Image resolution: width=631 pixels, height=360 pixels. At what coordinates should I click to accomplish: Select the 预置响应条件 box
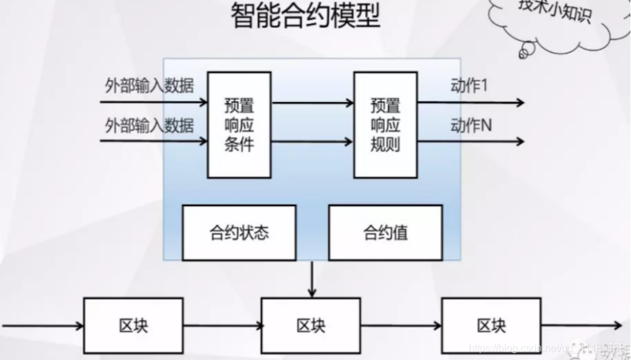[239, 124]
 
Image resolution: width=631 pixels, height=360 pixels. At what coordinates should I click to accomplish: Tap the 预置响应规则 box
[385, 124]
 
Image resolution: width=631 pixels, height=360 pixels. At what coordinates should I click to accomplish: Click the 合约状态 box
[239, 232]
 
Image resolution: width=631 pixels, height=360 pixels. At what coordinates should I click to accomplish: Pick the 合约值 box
[385, 232]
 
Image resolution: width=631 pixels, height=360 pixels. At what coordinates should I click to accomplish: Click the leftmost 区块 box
[133, 325]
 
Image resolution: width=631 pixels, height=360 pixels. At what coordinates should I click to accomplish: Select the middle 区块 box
[312, 325]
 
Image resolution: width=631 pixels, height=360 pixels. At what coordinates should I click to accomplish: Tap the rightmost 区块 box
[492, 325]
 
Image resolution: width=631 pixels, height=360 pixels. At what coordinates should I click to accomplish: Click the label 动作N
[471, 125]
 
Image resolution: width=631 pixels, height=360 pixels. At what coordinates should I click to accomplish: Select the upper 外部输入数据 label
[149, 86]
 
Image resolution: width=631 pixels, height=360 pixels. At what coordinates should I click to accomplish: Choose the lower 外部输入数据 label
[149, 125]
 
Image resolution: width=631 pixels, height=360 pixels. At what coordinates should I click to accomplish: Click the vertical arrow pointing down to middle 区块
[312, 279]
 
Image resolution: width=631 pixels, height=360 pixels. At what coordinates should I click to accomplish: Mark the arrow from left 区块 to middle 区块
[222, 326]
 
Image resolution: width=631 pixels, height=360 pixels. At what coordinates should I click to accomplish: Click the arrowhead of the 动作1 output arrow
[519, 103]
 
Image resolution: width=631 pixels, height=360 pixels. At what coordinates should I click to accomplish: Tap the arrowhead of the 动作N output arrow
[519, 142]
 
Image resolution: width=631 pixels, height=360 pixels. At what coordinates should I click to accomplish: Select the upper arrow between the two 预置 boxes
[313, 103]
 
